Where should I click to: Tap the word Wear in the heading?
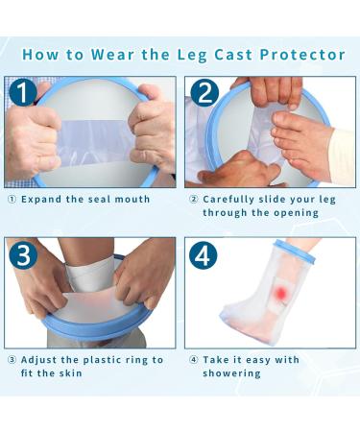coord(112,54)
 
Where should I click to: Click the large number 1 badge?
coord(22,92)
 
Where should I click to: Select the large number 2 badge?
coord(204,93)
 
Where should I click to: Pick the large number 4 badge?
coord(204,255)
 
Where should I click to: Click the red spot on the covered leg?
coord(281,292)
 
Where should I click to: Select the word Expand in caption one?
coord(41,200)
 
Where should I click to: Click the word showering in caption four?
coord(231,373)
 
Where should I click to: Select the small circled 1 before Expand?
coord(12,200)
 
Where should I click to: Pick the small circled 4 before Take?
coord(194,360)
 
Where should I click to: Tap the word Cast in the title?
coord(233,55)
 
